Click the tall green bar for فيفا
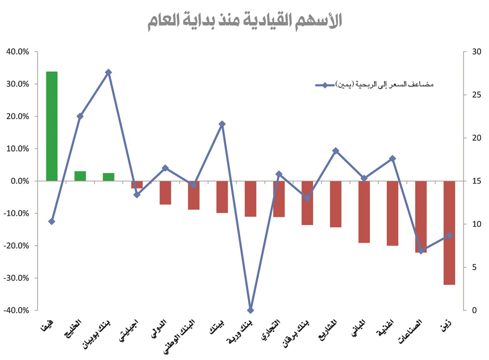click(x=52, y=126)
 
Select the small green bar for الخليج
click(x=80, y=176)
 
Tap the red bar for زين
click(x=449, y=233)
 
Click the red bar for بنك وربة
click(x=250, y=199)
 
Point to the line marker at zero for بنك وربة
click(x=250, y=310)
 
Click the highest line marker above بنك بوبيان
click(x=108, y=72)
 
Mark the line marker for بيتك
click(x=222, y=124)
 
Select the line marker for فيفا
click(x=52, y=222)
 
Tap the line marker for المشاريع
click(x=336, y=151)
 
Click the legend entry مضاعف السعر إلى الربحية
click(x=374, y=85)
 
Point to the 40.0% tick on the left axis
click(x=17, y=52)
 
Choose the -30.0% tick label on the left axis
click(x=16, y=278)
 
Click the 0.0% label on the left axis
click(x=19, y=181)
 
